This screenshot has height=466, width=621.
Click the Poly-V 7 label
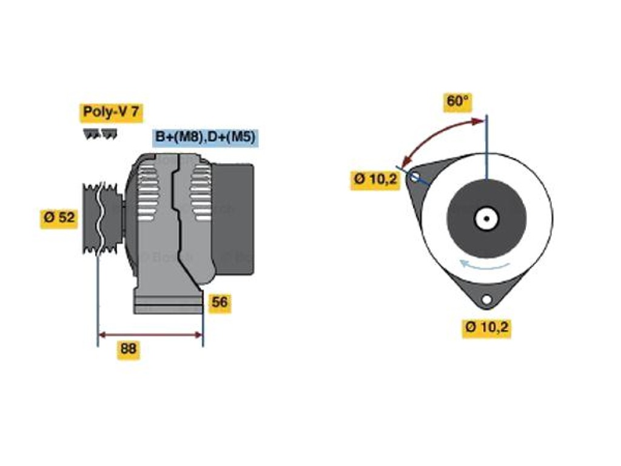pos(112,112)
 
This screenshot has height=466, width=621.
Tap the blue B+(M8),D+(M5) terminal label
pos(205,137)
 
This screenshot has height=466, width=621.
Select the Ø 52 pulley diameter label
pos(59,218)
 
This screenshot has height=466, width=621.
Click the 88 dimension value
pos(129,349)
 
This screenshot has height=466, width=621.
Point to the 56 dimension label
pos(220,303)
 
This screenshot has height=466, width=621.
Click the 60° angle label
pos(457,101)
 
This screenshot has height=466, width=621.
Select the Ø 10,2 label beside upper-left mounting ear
pos(375,180)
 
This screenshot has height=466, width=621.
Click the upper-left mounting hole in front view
pos(415,177)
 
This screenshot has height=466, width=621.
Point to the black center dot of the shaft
pos(487,218)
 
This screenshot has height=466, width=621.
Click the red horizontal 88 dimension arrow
pos(150,335)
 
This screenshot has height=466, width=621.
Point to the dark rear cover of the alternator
pos(233,219)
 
